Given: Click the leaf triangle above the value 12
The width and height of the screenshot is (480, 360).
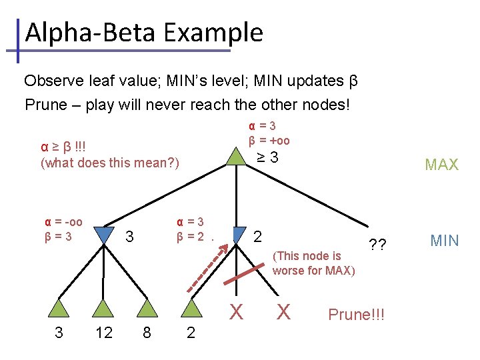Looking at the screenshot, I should coord(103,308).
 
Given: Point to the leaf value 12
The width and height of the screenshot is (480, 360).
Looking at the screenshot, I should coord(103,333).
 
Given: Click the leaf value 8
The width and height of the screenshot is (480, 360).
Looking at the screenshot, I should coord(147,333).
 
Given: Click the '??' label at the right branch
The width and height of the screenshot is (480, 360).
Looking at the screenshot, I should coord(377,244).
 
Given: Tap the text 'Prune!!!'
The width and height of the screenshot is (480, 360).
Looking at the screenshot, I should coord(357,314).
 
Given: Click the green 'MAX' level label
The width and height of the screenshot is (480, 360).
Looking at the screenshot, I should coord(442,165).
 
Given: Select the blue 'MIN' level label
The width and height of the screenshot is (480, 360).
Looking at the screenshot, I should coord(445,240).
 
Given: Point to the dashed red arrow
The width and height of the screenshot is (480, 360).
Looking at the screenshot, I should coord(207,267).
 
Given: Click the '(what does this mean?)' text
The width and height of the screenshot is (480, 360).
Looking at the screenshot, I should coord(110,162).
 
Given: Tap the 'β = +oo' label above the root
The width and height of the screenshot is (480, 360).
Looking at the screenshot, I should coord(269,140).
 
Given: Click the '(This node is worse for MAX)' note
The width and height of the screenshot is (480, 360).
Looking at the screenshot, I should coord(313,263).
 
